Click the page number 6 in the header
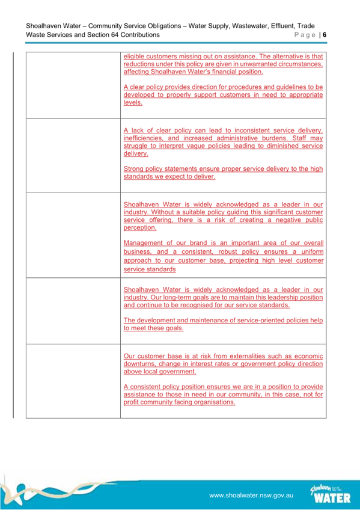point(325,35)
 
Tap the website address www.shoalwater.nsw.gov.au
point(251,495)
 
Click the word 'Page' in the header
point(305,35)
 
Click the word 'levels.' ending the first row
point(133,103)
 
